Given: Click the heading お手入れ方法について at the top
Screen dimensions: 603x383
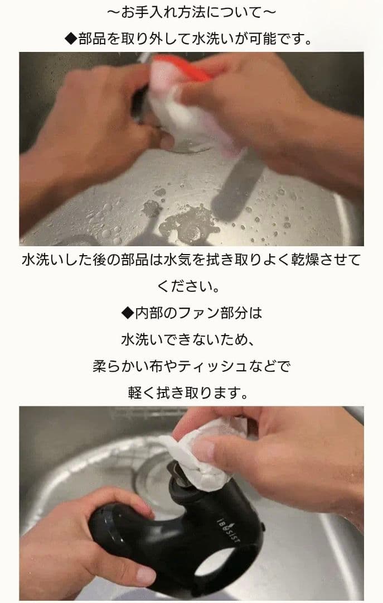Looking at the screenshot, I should click(x=191, y=12).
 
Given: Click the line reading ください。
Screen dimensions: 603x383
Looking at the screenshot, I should click(x=191, y=287).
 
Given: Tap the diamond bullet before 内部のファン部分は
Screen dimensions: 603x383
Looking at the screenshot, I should click(x=128, y=313).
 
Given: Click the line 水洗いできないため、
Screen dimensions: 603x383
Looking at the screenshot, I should click(x=191, y=340).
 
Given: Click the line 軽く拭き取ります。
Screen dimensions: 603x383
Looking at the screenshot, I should click(x=191, y=394).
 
